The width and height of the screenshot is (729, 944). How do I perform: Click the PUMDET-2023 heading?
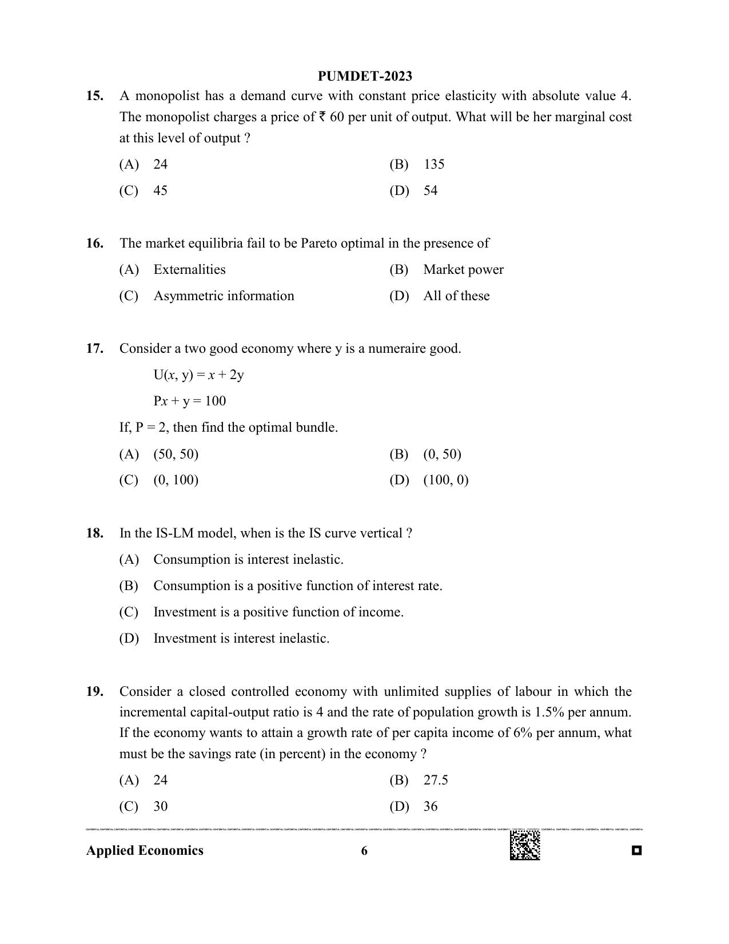(x=365, y=76)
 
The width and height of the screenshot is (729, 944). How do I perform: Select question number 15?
(x=95, y=96)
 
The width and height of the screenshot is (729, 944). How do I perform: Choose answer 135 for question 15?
(x=434, y=165)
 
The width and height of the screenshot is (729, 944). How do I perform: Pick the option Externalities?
(x=189, y=270)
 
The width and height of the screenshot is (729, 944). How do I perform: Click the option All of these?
(x=456, y=296)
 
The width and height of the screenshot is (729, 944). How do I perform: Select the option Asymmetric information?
(x=224, y=296)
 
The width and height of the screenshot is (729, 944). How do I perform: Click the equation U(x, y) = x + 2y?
(x=198, y=375)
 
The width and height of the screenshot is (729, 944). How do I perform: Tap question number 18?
(x=95, y=533)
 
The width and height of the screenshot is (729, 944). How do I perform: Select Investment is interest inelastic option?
(x=241, y=639)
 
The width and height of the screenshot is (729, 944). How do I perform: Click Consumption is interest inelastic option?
(x=248, y=560)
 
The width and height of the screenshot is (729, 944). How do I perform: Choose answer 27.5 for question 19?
(x=436, y=780)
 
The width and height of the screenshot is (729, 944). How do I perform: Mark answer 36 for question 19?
(x=431, y=807)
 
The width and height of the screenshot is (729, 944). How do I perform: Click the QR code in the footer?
(x=525, y=845)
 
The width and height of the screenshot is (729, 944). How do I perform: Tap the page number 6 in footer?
(x=364, y=851)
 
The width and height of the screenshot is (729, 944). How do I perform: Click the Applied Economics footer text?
(x=145, y=851)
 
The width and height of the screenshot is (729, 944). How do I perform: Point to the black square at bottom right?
(x=637, y=851)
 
